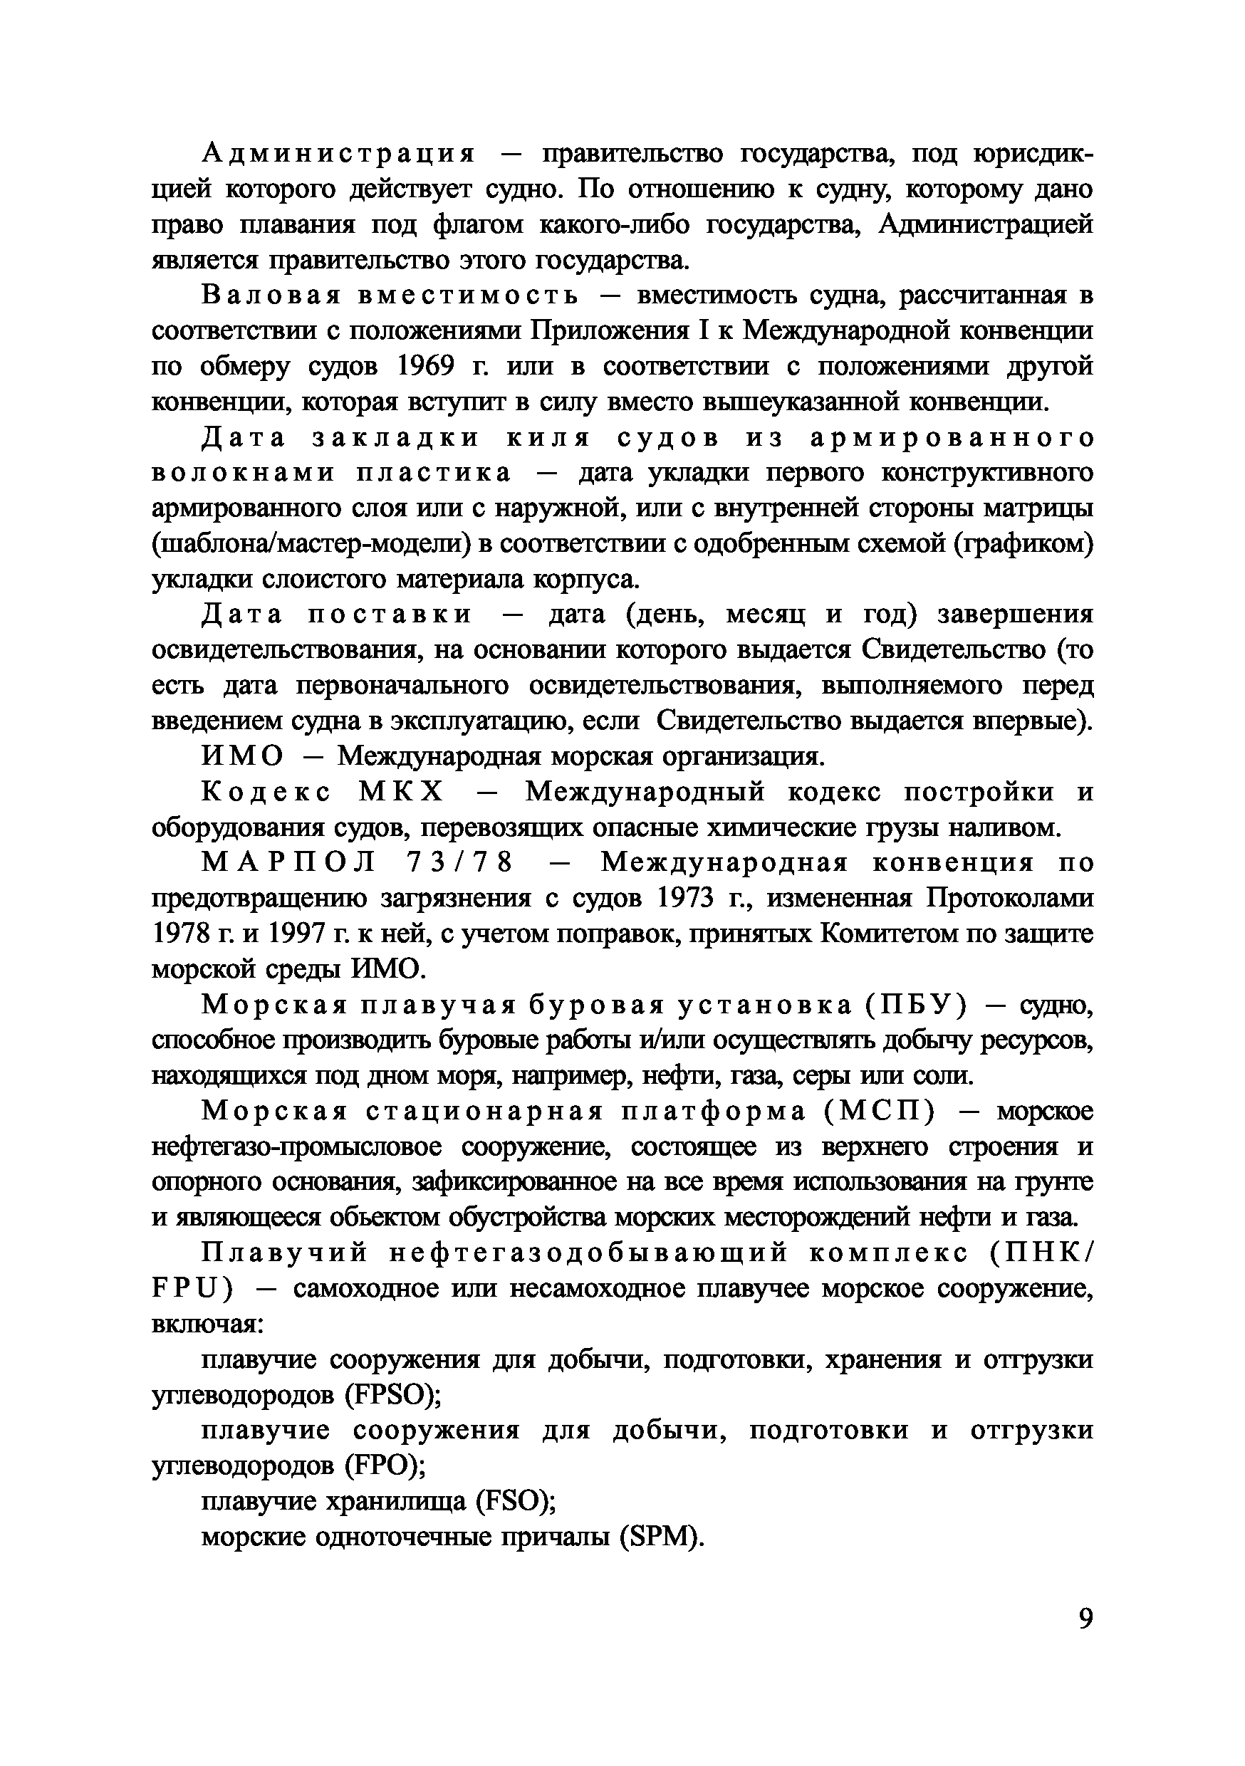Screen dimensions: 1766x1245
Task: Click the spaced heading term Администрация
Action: point(339,154)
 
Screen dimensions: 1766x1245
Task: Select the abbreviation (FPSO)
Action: point(392,1394)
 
